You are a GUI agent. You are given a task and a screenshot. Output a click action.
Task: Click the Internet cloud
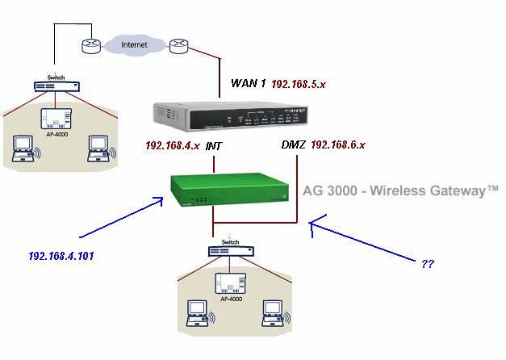coord(134,45)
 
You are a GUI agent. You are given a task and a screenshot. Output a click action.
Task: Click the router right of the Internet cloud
coord(178,46)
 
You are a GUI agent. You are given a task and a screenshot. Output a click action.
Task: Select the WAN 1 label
coord(248,82)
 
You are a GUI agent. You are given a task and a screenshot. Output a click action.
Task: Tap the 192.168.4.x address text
coord(172,146)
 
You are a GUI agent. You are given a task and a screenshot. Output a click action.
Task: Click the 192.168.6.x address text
coord(338,145)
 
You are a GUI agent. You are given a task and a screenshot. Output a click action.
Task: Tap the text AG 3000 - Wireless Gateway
coord(400,191)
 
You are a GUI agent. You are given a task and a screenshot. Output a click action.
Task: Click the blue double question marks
coord(428,263)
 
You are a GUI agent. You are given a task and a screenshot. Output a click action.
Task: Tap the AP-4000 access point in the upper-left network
coord(56,119)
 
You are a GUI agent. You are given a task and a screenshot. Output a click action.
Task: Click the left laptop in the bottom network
coord(198,314)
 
